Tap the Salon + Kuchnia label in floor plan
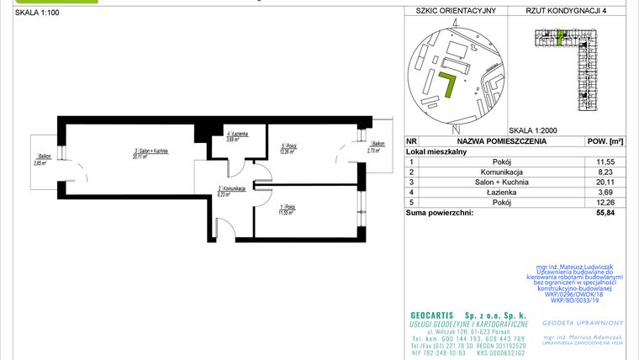[x=151, y=152]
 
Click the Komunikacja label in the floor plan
[x=231, y=191]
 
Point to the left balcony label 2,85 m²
[x=42, y=159]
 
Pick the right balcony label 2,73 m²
[x=379, y=147]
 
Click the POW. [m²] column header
[x=604, y=142]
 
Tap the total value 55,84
[x=604, y=214]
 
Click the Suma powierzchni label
[x=439, y=214]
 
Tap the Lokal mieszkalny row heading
[x=437, y=151]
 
